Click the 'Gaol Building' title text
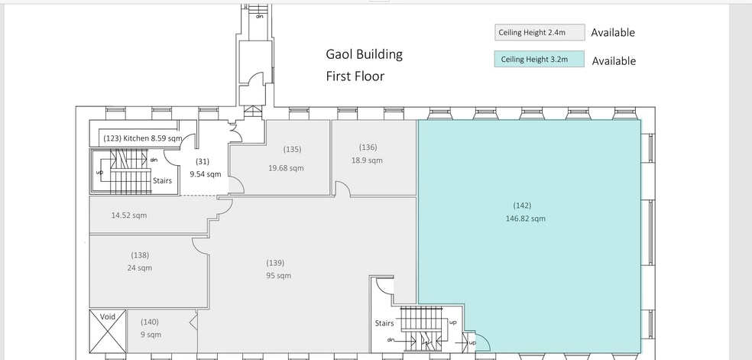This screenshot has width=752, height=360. click(364, 54)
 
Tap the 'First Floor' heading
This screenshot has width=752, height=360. click(355, 76)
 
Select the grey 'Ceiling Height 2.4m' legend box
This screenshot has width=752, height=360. click(540, 33)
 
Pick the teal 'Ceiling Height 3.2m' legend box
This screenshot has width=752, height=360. click(539, 60)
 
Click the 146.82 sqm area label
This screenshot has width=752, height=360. click(525, 219)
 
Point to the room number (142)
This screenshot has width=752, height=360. click(522, 206)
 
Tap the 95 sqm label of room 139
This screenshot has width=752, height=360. click(278, 276)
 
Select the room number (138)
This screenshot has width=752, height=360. click(140, 255)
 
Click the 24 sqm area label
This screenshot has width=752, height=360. click(140, 268)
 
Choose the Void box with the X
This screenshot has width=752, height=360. click(108, 331)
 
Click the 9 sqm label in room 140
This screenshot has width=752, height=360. click(151, 335)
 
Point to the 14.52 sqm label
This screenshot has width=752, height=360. click(129, 216)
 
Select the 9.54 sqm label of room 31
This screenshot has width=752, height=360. click(206, 174)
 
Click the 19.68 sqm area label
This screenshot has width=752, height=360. click(286, 168)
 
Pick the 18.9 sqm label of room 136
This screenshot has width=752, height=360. click(367, 161)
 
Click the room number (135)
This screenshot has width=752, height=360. click(292, 149)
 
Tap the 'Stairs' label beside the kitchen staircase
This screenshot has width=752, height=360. click(162, 180)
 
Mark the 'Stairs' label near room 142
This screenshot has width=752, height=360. click(384, 323)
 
